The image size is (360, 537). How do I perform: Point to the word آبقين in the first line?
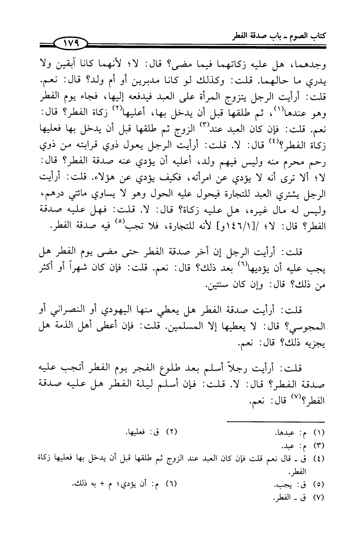click(x=71, y=64)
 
